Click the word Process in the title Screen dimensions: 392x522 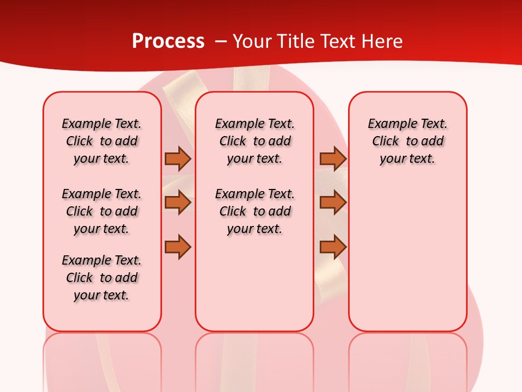(x=168, y=41)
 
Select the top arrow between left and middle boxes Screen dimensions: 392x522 (x=178, y=158)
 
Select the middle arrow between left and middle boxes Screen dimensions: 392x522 (x=178, y=203)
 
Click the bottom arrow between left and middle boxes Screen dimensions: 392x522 (x=178, y=247)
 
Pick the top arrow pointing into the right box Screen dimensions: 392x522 (x=333, y=158)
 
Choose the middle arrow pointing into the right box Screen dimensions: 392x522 (x=333, y=203)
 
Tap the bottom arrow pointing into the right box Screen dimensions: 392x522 (x=333, y=247)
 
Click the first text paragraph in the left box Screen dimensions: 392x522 (x=102, y=141)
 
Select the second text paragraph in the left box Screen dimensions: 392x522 (x=102, y=211)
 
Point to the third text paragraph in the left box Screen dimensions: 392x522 (x=102, y=278)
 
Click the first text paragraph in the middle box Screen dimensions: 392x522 (x=254, y=141)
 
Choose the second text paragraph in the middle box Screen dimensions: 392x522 (x=254, y=211)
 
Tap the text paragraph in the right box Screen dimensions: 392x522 (x=407, y=141)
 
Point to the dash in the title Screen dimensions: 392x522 (x=221, y=41)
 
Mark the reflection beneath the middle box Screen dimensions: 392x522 (x=254, y=359)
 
